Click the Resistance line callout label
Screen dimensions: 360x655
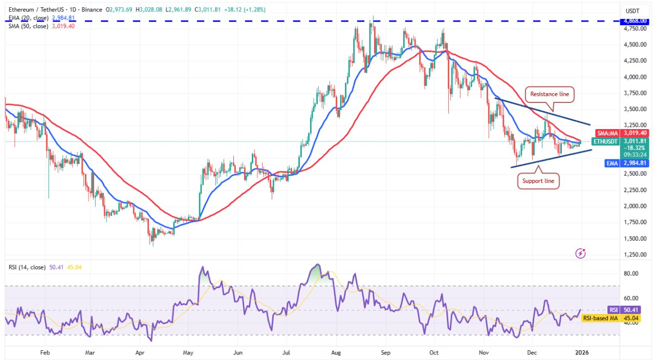click(x=550, y=94)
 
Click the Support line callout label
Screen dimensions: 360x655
click(x=538, y=181)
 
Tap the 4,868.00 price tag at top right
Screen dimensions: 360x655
click(x=636, y=21)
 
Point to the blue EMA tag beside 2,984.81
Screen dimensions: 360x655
click(x=612, y=163)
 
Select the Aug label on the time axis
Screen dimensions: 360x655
click(x=336, y=352)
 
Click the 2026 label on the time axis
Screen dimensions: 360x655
click(x=581, y=352)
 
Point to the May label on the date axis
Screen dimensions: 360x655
click(x=188, y=352)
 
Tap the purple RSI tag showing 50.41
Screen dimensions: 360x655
click(x=612, y=310)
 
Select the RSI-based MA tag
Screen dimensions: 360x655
click(x=600, y=318)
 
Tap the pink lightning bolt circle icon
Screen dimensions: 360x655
click(x=581, y=252)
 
